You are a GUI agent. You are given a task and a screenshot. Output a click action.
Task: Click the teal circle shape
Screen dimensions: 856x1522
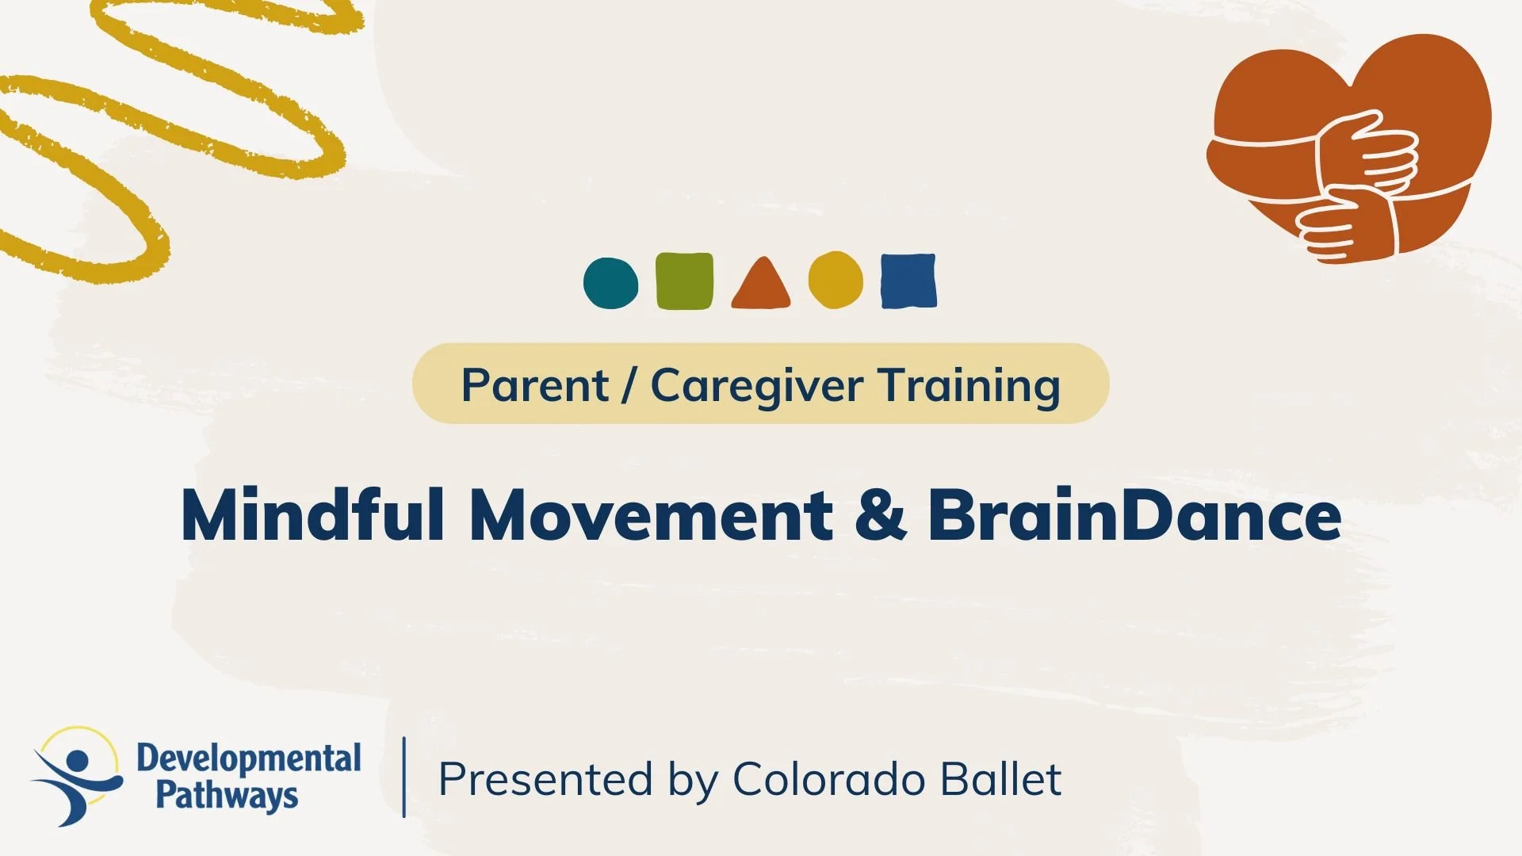coord(610,283)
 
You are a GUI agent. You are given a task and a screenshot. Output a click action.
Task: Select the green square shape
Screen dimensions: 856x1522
coord(684,281)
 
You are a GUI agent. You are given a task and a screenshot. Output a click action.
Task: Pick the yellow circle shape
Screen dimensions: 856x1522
coord(836,280)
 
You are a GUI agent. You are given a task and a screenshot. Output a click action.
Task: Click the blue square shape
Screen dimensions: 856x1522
coord(908,281)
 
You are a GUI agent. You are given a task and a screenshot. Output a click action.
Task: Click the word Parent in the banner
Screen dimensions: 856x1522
coord(534,386)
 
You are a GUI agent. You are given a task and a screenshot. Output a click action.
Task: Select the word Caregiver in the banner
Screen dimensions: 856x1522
coord(756,386)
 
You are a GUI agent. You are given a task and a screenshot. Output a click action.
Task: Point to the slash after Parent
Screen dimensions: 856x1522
coord(629,386)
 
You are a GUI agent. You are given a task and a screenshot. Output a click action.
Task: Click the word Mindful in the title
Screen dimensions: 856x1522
coord(312,515)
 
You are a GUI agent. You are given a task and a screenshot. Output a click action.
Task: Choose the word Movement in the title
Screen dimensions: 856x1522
coord(650,515)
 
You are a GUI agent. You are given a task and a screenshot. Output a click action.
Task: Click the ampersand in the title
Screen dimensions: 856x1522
coord(880,515)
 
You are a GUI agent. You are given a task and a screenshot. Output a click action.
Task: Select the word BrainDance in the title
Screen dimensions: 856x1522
coord(1134,515)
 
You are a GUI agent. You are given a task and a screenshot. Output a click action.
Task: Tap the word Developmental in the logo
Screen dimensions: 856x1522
coord(248,759)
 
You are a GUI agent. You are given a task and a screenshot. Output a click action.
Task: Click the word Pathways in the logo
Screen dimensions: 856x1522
coord(226,795)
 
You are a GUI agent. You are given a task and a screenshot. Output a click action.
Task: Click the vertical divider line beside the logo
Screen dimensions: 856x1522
coord(404,777)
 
